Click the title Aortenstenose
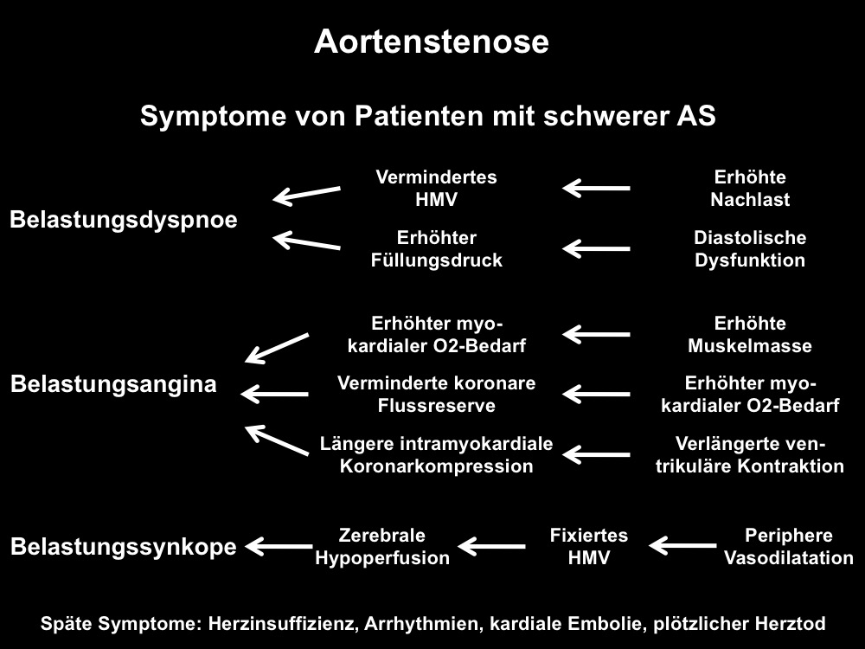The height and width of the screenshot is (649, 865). [x=432, y=42]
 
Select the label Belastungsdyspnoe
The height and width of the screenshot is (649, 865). [x=124, y=220]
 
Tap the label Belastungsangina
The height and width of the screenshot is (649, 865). [x=113, y=385]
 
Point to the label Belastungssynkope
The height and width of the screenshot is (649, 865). [x=124, y=547]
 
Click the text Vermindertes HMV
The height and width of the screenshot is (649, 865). [x=436, y=188]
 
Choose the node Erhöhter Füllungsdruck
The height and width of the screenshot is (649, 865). [x=436, y=249]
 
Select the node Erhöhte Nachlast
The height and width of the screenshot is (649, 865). [x=750, y=188]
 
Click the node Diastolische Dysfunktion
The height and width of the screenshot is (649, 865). [x=750, y=249]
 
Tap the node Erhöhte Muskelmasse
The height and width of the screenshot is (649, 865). [x=750, y=334]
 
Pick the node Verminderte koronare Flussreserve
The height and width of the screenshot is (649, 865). [x=436, y=394]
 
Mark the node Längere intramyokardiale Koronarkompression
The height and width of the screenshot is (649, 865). [x=436, y=455]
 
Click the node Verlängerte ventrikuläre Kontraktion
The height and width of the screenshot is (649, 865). [x=750, y=455]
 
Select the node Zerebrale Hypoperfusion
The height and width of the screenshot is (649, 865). [x=382, y=546]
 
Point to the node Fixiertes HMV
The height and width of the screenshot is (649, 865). [x=588, y=546]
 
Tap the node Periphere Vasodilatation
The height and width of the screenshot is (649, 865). [x=788, y=546]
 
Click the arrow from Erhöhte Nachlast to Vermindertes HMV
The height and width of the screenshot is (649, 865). [x=596, y=188]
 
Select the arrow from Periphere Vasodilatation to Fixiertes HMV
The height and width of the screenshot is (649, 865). [x=682, y=546]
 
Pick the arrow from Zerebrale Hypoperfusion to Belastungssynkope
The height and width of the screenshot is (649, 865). [x=279, y=546]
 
